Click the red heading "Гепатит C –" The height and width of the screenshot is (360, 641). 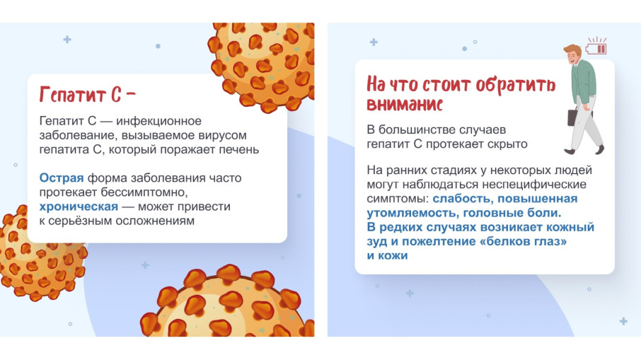click(87, 95)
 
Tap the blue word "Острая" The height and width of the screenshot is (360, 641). click(62, 178)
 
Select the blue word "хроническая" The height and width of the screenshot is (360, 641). click(79, 207)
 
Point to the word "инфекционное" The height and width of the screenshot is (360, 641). click(158, 122)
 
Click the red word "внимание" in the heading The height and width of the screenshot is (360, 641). click(405, 104)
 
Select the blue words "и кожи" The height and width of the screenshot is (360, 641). click(387, 256)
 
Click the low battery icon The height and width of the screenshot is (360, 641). click(596, 46)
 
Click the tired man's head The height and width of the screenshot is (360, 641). click(573, 54)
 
